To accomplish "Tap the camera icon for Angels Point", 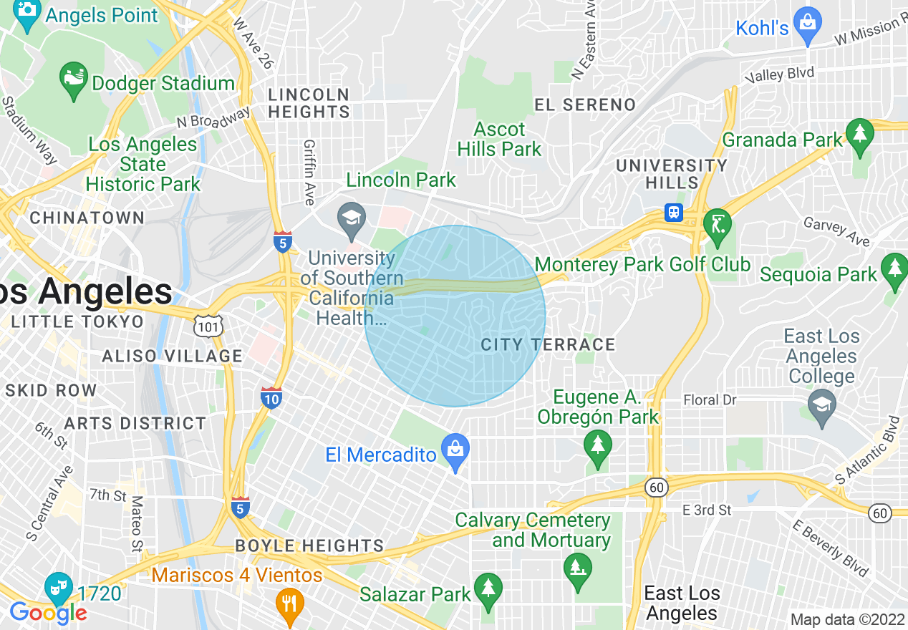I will click(27, 12).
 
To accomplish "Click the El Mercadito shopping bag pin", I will click(455, 450).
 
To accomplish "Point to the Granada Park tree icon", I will click(859, 135).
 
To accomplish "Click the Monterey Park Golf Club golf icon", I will click(717, 224).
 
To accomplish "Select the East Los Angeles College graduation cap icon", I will click(821, 403).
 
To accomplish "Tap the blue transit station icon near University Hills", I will click(674, 213).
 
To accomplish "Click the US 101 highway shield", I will click(208, 326).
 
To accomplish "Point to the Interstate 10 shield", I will click(271, 397).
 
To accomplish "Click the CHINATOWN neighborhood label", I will click(87, 218).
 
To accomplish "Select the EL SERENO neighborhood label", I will click(585, 105).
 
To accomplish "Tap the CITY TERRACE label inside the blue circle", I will click(548, 345).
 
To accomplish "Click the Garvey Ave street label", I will click(837, 231).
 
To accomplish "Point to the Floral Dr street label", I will click(710, 399).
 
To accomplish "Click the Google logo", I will click(48, 613).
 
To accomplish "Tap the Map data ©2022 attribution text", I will click(847, 619).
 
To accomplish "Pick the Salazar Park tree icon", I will click(488, 588).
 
